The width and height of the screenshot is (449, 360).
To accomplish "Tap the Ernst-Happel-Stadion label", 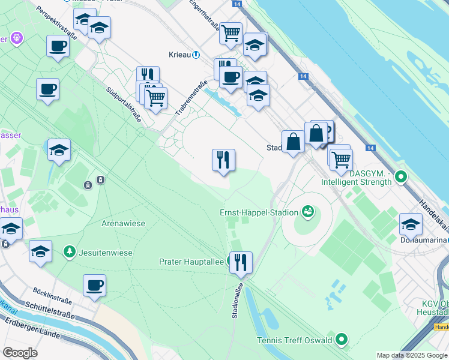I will click(259, 212).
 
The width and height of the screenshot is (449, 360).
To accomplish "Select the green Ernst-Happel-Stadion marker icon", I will click(308, 211).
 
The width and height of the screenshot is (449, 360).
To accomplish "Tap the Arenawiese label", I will click(123, 223).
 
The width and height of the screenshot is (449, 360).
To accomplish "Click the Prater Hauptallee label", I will click(191, 262).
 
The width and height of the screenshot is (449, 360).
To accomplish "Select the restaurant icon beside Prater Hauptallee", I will click(241, 262).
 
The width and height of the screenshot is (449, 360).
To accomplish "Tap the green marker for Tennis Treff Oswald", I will click(342, 340).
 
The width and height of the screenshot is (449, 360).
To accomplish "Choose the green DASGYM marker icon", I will click(401, 177).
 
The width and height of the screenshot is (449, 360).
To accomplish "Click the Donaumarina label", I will click(424, 239).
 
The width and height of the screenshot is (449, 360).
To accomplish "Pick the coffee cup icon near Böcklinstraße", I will click(95, 286).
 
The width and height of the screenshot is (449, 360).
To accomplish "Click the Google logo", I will click(20, 352).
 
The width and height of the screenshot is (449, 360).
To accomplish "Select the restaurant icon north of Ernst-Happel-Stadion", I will click(223, 160).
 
